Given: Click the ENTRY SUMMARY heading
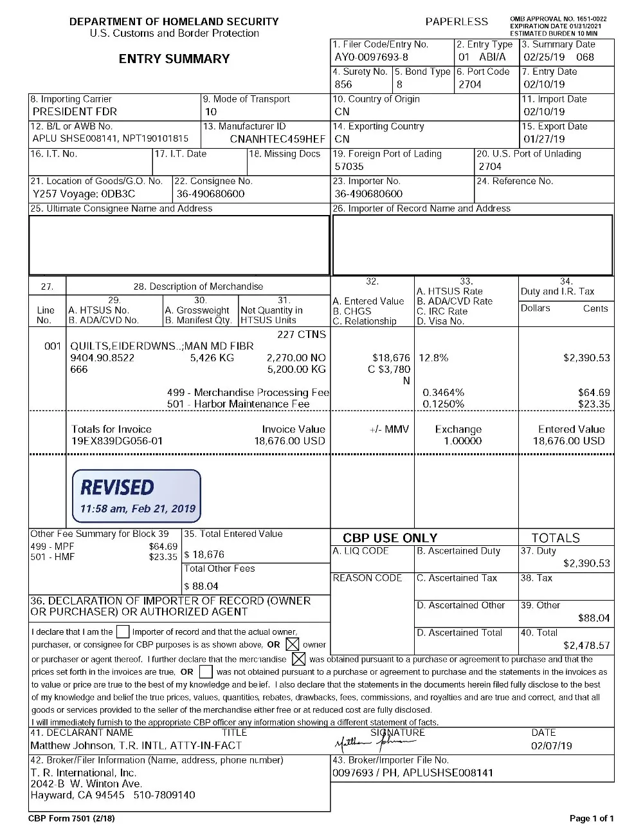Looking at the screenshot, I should point(174,59).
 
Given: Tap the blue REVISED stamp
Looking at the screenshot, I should point(136,494).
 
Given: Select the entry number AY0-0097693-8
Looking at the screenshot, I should point(371,57).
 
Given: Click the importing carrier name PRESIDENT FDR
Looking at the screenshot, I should point(75,111).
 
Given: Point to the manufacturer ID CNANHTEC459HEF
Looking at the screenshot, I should point(278,139).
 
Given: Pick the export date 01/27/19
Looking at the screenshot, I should point(544,139).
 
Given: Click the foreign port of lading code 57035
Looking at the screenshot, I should point(349,167).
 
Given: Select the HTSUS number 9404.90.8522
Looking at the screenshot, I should point(102,358).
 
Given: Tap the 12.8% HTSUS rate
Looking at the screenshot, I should point(433,358).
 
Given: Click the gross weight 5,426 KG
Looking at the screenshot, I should point(212,358).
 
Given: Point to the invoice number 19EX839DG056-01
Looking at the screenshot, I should point(117,442).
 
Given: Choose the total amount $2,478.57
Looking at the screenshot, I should point(586,646).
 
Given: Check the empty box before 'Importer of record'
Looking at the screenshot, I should point(122,632).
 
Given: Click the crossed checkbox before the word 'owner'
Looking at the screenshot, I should point(293,644).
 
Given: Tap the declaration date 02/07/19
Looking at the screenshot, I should point(552,746).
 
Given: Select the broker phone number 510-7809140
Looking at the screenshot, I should point(165,795).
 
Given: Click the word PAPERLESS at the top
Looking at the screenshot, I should point(457,22).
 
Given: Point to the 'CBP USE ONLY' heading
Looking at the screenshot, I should point(390,538).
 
